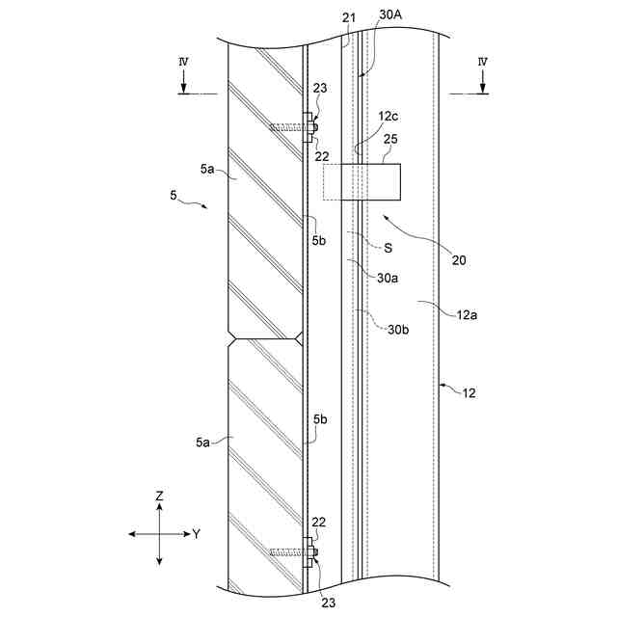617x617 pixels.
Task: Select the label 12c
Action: (x=388, y=115)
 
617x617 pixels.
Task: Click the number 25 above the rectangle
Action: (x=389, y=140)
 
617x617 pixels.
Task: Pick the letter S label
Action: (x=387, y=248)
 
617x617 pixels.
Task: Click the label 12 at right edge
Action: (x=469, y=392)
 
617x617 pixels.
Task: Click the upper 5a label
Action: (x=208, y=170)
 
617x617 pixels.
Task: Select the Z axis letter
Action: (x=160, y=496)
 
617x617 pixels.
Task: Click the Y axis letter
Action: (x=196, y=533)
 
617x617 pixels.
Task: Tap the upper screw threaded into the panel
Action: (x=287, y=126)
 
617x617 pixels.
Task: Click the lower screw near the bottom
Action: (x=289, y=551)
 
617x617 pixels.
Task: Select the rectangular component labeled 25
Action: (x=371, y=181)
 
